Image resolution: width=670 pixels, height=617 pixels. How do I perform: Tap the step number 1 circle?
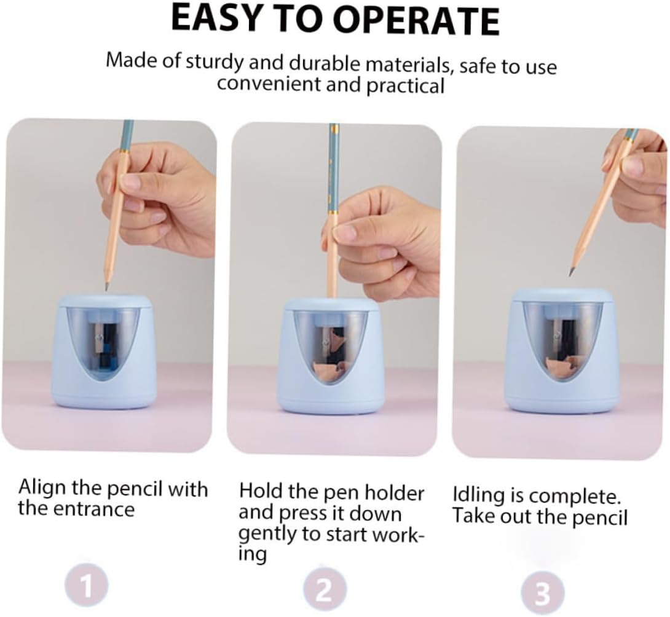point(86,586)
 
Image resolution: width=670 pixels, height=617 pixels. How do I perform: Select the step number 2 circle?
point(325,590)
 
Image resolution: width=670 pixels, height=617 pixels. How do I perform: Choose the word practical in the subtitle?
point(406,86)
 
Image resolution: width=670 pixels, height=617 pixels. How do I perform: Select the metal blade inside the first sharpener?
point(99,337)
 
